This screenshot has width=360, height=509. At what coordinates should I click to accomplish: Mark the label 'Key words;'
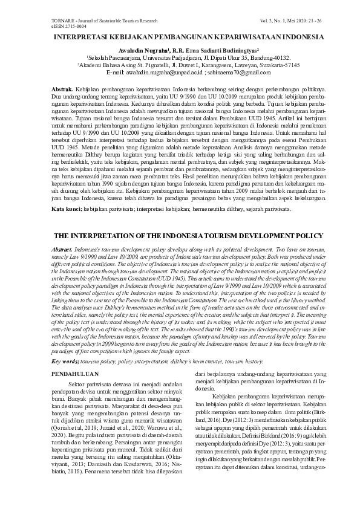[x=65, y=361]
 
